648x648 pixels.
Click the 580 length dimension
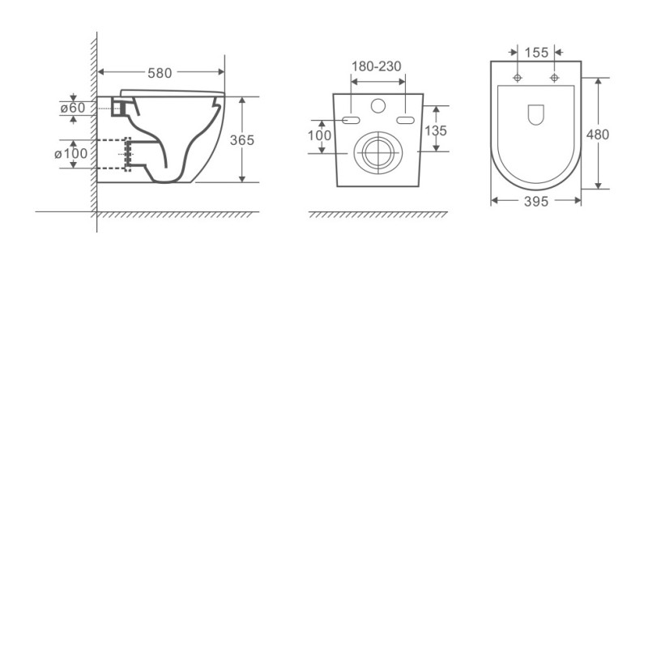click(x=160, y=73)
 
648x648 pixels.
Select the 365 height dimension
click(x=241, y=140)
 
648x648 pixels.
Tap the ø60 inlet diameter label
click(x=73, y=108)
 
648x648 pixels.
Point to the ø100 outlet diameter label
click(x=70, y=154)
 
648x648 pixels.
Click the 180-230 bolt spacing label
click(x=376, y=66)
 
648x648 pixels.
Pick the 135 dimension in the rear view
click(x=436, y=130)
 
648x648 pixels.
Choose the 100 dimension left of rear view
click(x=319, y=135)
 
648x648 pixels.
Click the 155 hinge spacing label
click(x=536, y=53)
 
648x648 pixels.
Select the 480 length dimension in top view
click(x=598, y=134)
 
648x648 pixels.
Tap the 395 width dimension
click(x=536, y=201)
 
